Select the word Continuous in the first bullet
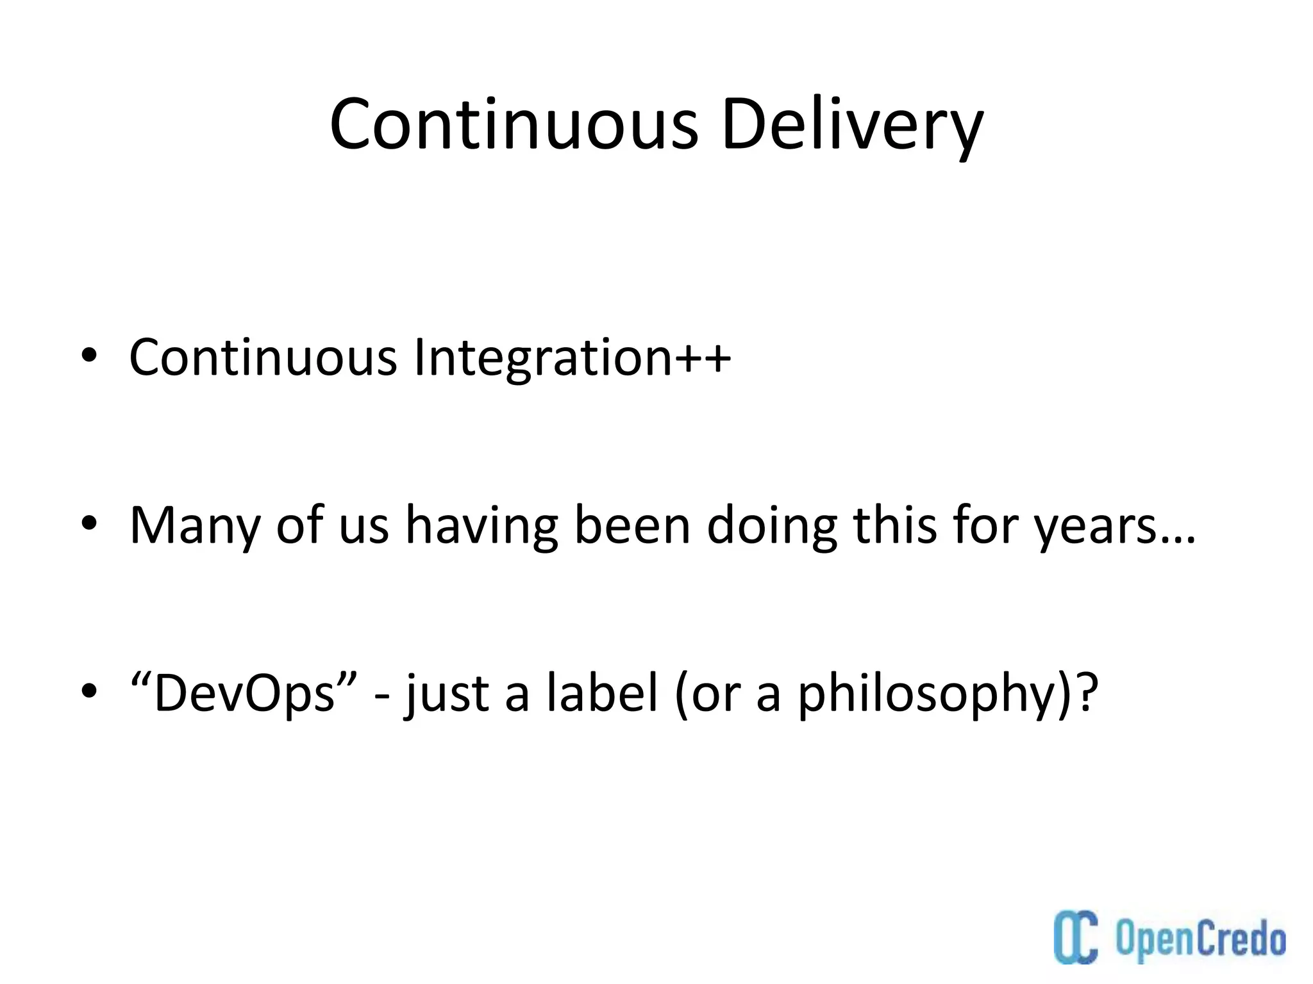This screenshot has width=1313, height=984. coord(263,357)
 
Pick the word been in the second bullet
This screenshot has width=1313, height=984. coord(631,525)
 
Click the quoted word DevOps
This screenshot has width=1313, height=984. coord(244,693)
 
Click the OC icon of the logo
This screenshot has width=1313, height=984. coord(1076,936)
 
